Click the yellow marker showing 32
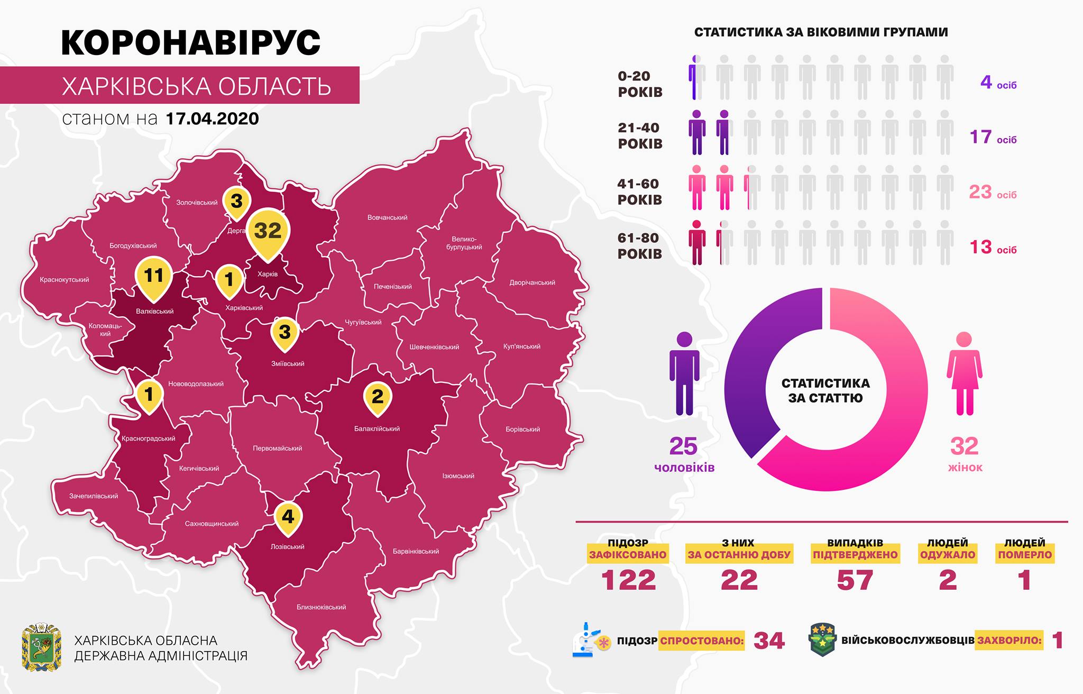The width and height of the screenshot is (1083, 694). [x=268, y=231]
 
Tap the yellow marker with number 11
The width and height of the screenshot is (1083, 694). [x=153, y=276]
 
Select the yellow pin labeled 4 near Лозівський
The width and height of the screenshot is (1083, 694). [x=288, y=516]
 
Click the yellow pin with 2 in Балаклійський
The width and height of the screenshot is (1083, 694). [x=378, y=396]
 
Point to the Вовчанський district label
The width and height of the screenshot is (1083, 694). [x=387, y=217]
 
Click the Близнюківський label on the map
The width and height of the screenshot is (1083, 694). [x=322, y=607]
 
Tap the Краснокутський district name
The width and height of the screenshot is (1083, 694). [x=65, y=280]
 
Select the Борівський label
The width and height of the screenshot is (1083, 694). [x=522, y=429]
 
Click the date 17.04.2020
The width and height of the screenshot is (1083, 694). [x=212, y=118]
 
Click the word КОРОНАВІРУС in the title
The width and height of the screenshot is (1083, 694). [x=191, y=43]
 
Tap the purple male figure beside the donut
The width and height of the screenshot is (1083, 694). [x=684, y=373]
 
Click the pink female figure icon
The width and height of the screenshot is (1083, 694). [x=965, y=373]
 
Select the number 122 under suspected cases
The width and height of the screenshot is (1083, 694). [x=628, y=580]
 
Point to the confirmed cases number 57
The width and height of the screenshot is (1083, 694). [x=855, y=580]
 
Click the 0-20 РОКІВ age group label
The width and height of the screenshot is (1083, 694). [x=640, y=84]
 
